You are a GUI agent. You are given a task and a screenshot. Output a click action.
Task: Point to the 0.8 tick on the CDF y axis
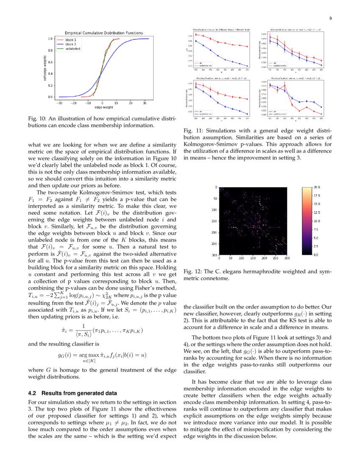(x=50, y=50)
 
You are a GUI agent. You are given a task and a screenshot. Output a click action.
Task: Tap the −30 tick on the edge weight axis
(x=60, y=103)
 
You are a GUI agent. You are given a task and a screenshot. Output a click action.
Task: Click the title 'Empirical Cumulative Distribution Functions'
(x=103, y=33)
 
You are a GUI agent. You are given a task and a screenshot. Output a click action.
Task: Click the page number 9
(x=330, y=18)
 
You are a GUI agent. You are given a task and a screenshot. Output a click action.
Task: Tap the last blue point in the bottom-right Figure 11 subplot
(x=322, y=107)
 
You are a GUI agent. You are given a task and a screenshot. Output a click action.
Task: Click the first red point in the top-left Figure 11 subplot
(x=196, y=35)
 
